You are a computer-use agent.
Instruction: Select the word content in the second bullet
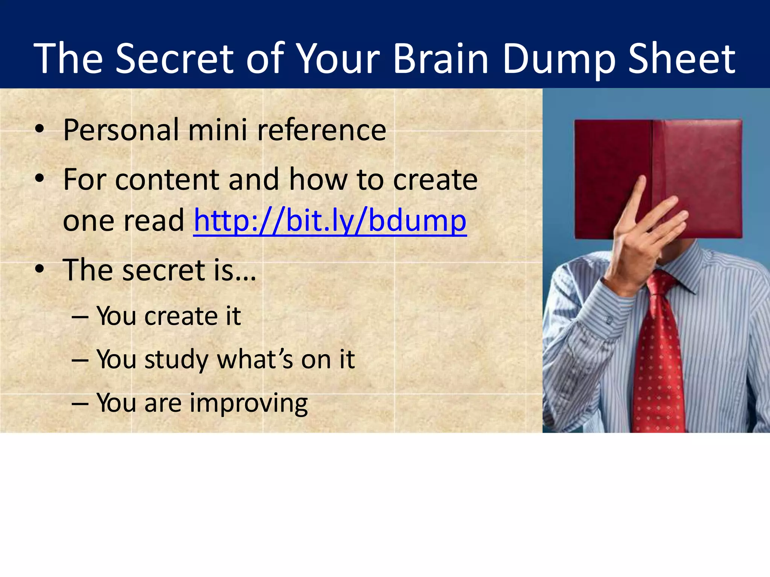pos(167,180)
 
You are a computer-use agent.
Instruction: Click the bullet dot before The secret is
pos(39,269)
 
